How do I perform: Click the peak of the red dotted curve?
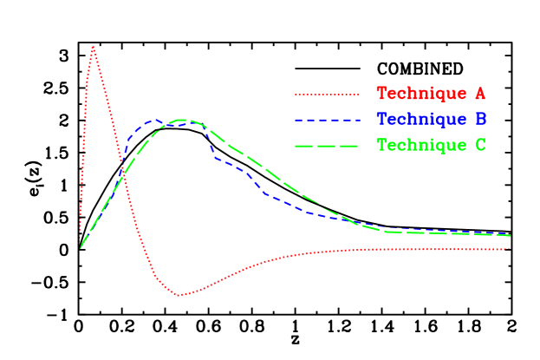point(93,47)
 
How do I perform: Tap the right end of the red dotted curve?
point(509,249)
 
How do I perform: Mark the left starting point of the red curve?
point(81,232)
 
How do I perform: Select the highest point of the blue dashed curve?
point(156,121)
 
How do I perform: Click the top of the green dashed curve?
point(183,120)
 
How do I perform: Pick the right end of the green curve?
point(510,235)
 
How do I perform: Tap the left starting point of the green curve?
point(81,249)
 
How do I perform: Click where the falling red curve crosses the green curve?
point(122,176)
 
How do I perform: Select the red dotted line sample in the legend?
point(327,94)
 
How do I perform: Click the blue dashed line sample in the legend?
point(327,120)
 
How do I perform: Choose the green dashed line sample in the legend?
point(327,146)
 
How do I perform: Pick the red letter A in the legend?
point(479,94)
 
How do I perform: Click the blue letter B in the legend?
point(479,120)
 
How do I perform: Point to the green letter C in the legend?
point(479,146)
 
